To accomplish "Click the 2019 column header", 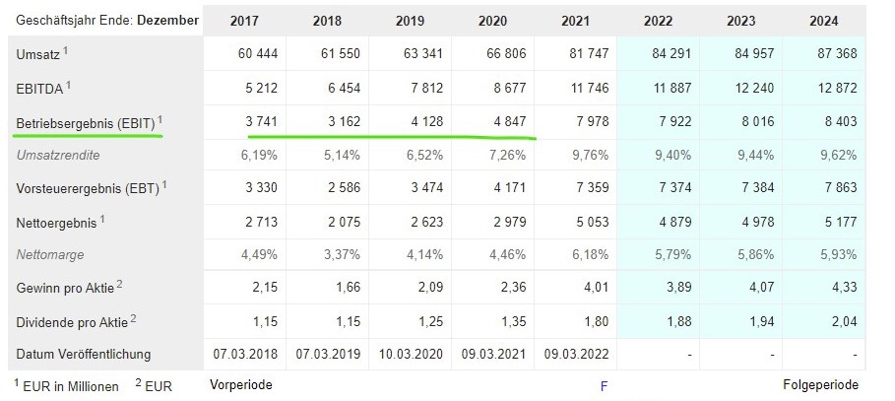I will coord(411,20).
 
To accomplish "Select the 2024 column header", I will coord(825,20).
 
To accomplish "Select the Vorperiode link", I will coord(240,385).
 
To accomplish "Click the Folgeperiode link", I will coord(820,385).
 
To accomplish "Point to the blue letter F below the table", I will coord(604,386).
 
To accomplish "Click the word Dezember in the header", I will coord(166,20).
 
